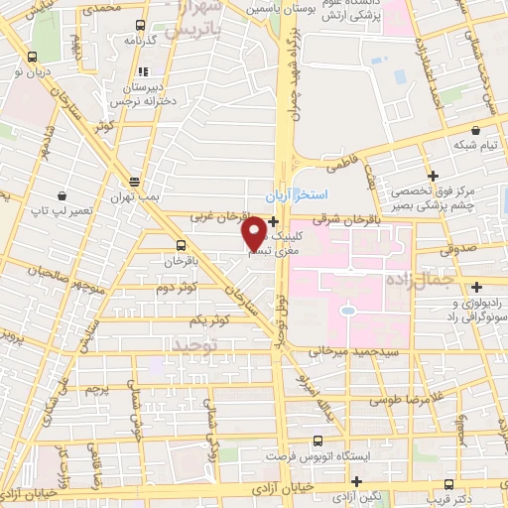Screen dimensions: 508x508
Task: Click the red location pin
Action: (254, 233)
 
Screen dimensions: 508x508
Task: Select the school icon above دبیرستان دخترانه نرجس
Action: (143, 71)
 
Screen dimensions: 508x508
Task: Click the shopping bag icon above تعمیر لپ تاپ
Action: (63, 196)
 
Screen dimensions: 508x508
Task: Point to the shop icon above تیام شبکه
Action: (476, 129)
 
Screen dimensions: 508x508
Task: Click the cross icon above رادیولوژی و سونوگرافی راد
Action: (477, 287)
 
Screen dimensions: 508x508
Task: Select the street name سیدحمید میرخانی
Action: (353, 350)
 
